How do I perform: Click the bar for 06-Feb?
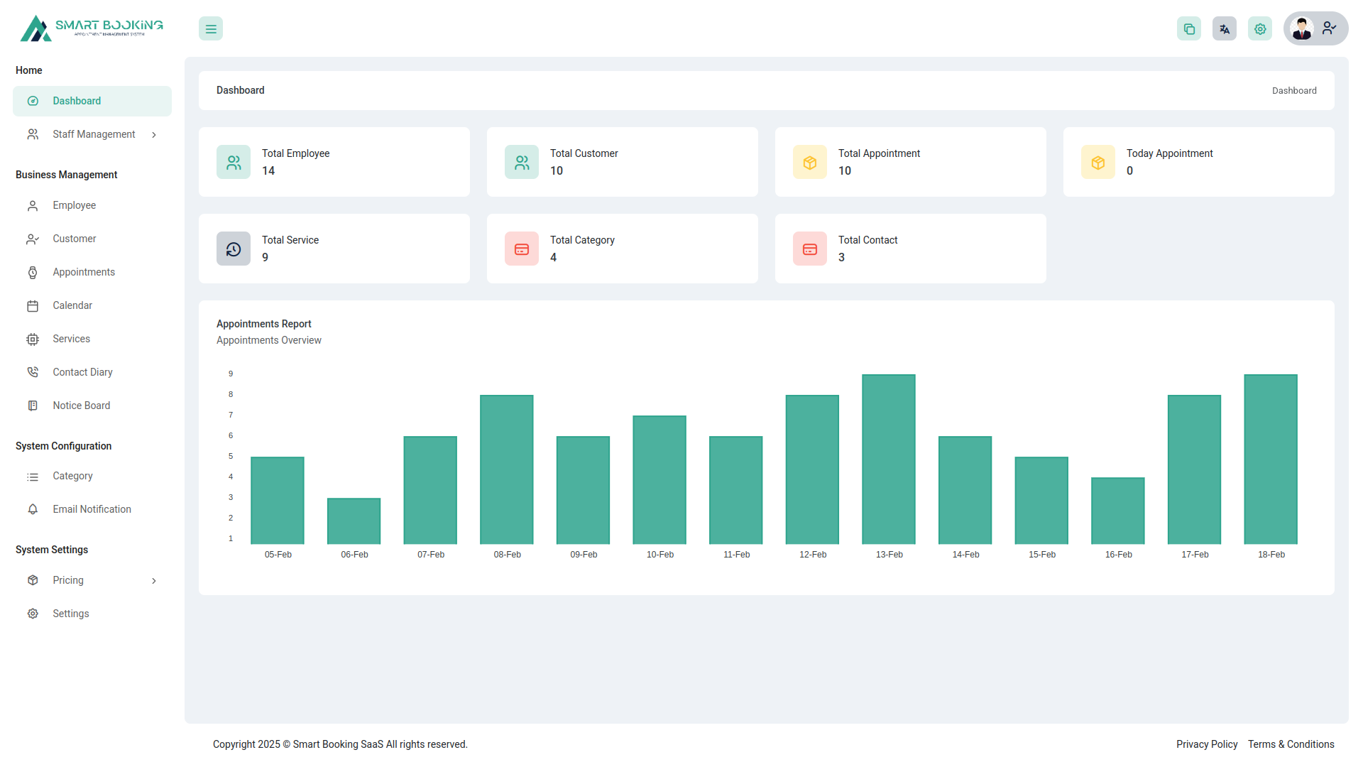(x=354, y=521)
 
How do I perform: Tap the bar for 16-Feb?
(x=1117, y=511)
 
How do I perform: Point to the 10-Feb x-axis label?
(x=659, y=555)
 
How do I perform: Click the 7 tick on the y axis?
(x=231, y=415)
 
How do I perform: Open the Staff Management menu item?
(x=94, y=134)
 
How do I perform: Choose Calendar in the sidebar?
(x=72, y=305)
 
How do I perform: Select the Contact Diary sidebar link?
(x=82, y=372)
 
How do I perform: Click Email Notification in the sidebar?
(x=92, y=509)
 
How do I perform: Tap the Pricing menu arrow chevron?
(x=154, y=581)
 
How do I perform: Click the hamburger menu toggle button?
(x=211, y=29)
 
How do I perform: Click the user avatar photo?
(x=1301, y=28)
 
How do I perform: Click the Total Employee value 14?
(x=268, y=171)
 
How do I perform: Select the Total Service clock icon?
(x=234, y=249)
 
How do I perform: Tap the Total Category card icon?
(x=522, y=249)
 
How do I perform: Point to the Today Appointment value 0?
(x=1129, y=171)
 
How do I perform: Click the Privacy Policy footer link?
(x=1206, y=744)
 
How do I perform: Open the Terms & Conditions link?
(x=1291, y=744)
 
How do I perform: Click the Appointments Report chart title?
(x=263, y=324)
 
